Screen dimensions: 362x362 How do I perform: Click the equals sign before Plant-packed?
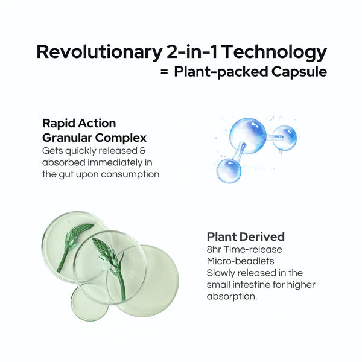[164, 72]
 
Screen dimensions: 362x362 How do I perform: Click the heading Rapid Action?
[79, 122]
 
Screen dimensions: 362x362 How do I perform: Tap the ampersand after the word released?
[142, 150]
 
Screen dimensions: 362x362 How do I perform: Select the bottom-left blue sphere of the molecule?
[227, 171]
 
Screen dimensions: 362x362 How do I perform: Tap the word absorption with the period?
[232, 296]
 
